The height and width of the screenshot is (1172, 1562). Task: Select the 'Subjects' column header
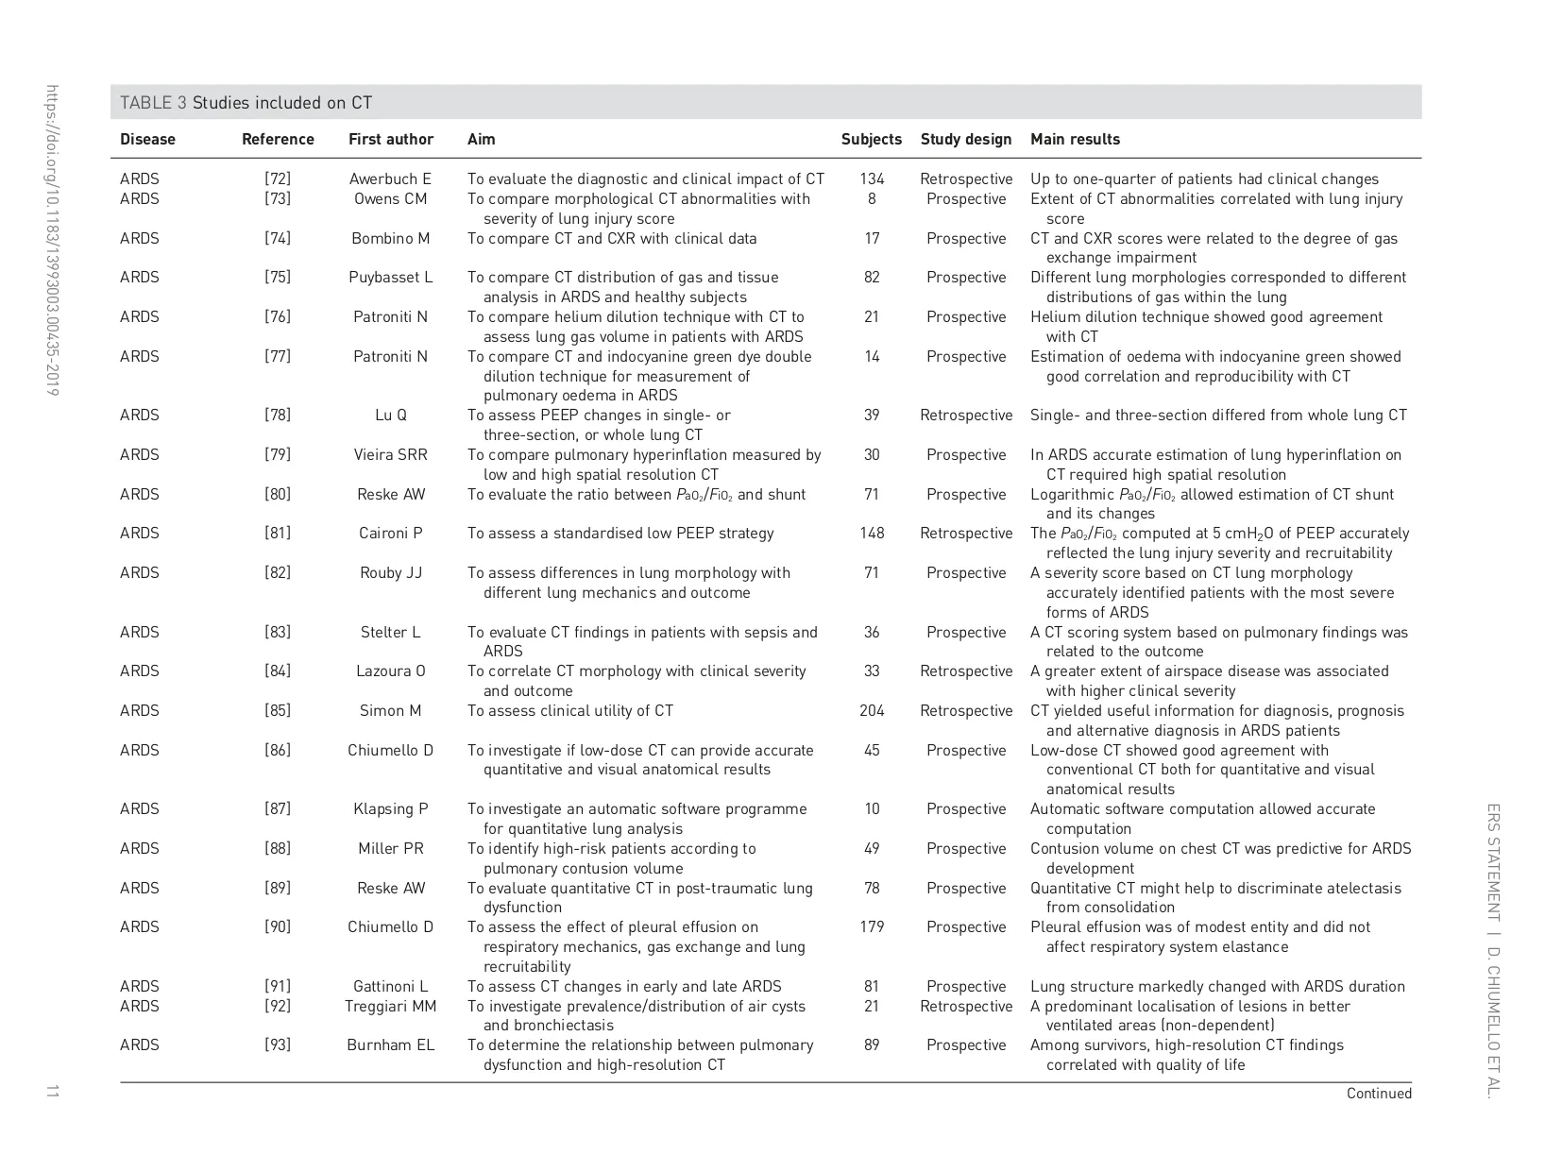coord(871,140)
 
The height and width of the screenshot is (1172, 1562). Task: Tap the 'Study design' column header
coord(965,140)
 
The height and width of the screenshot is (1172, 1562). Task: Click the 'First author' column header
coord(390,140)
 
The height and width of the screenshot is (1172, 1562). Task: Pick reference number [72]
coord(278,179)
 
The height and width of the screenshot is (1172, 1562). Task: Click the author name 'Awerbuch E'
coord(390,179)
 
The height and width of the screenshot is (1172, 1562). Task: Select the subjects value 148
coord(872,534)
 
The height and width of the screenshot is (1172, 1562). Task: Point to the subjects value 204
coord(872,711)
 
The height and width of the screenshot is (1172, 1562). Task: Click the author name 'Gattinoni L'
coord(390,987)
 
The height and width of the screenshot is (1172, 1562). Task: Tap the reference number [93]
coord(278,1045)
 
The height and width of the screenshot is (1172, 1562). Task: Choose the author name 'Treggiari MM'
coord(390,1007)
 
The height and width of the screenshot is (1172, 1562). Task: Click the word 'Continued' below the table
coord(1379,1094)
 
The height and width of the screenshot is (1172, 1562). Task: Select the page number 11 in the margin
coord(52,1092)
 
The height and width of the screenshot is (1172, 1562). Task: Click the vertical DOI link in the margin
coord(53,241)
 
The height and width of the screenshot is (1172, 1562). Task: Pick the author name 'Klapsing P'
coord(390,809)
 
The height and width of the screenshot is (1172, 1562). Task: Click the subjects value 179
coord(872,927)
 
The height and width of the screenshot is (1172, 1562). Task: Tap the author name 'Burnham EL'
coord(390,1045)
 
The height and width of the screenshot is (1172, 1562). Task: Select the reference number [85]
coord(278,711)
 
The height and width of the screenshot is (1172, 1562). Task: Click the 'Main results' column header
coord(1075,140)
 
